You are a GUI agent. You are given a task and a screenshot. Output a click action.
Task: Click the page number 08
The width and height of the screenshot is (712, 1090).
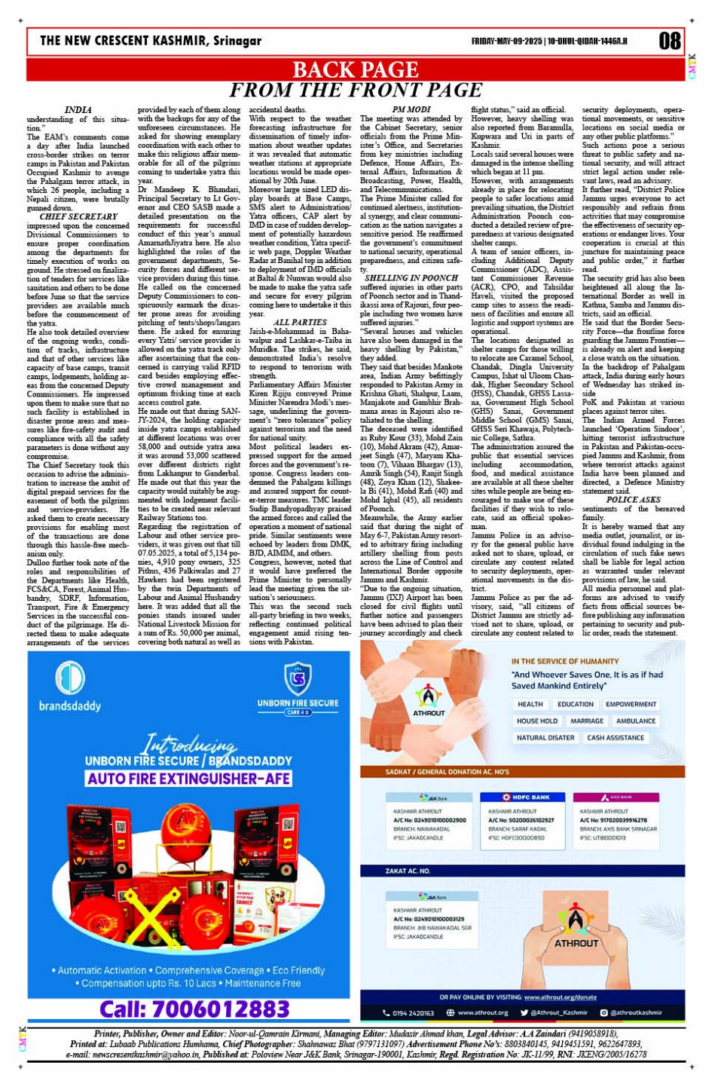(x=669, y=41)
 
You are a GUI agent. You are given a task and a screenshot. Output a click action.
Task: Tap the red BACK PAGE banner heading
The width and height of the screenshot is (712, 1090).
(x=355, y=69)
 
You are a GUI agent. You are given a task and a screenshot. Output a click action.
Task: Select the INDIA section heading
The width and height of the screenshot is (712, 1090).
(x=78, y=110)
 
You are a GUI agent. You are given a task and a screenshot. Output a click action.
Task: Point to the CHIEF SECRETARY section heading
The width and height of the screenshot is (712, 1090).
(x=78, y=217)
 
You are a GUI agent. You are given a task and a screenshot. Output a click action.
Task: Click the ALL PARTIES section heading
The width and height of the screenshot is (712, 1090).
(x=300, y=323)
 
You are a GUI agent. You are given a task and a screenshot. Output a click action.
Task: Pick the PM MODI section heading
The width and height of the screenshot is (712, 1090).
(x=411, y=110)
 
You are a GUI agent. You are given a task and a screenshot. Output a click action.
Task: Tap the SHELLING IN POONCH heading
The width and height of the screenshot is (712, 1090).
(x=411, y=278)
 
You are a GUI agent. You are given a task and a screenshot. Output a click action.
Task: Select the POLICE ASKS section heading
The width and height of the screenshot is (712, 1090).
(x=633, y=500)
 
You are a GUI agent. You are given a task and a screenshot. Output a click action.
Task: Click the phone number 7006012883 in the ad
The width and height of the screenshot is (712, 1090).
(x=194, y=1009)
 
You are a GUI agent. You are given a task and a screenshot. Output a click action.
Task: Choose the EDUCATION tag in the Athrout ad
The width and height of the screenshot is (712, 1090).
(x=575, y=704)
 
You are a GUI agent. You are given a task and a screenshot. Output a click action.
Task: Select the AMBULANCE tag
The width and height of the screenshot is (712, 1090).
(x=635, y=721)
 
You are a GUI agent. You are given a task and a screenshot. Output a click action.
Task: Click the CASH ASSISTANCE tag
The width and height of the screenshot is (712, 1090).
(x=615, y=738)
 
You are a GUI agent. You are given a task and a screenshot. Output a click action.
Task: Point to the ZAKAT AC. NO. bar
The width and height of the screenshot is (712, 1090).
(x=407, y=871)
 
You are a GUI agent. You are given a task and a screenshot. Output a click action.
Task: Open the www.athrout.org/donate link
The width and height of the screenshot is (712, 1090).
(x=559, y=997)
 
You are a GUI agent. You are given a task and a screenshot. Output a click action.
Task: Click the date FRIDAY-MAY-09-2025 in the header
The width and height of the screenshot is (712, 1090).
(x=506, y=41)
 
